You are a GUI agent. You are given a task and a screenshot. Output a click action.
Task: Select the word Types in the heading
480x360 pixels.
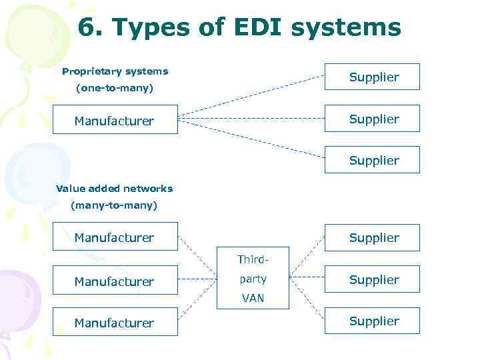click(153, 28)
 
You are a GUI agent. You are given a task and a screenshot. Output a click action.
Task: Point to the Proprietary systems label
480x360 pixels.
click(115, 71)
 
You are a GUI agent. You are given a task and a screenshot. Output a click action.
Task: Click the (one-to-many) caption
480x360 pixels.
click(115, 88)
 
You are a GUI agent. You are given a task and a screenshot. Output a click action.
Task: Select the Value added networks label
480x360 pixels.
click(114, 189)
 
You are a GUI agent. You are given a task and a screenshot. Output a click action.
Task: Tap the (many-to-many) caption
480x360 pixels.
click(114, 205)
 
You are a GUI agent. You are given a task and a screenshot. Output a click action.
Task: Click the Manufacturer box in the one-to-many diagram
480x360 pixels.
click(115, 120)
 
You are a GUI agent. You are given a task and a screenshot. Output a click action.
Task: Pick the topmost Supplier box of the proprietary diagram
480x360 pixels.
click(372, 77)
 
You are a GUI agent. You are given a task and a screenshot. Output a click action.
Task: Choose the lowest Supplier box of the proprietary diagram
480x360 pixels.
click(372, 160)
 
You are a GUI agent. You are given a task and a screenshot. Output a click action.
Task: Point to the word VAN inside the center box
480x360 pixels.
click(253, 299)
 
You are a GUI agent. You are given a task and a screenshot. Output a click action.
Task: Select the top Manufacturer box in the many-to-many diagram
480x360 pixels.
click(115, 237)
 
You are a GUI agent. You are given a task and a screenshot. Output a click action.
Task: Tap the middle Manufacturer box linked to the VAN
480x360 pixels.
click(115, 281)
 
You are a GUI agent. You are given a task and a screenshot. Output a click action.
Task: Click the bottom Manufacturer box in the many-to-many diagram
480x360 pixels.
click(115, 323)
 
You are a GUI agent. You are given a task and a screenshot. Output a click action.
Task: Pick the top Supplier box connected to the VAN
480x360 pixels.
click(372, 237)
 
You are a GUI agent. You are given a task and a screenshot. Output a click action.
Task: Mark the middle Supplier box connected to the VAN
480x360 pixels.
click(372, 280)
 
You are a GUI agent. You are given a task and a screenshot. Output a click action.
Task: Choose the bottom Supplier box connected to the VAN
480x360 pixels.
click(372, 321)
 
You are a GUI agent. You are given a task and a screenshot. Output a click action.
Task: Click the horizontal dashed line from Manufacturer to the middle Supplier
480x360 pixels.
click(251, 119)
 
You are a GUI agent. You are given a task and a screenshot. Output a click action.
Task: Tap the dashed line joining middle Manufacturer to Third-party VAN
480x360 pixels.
click(197, 279)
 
